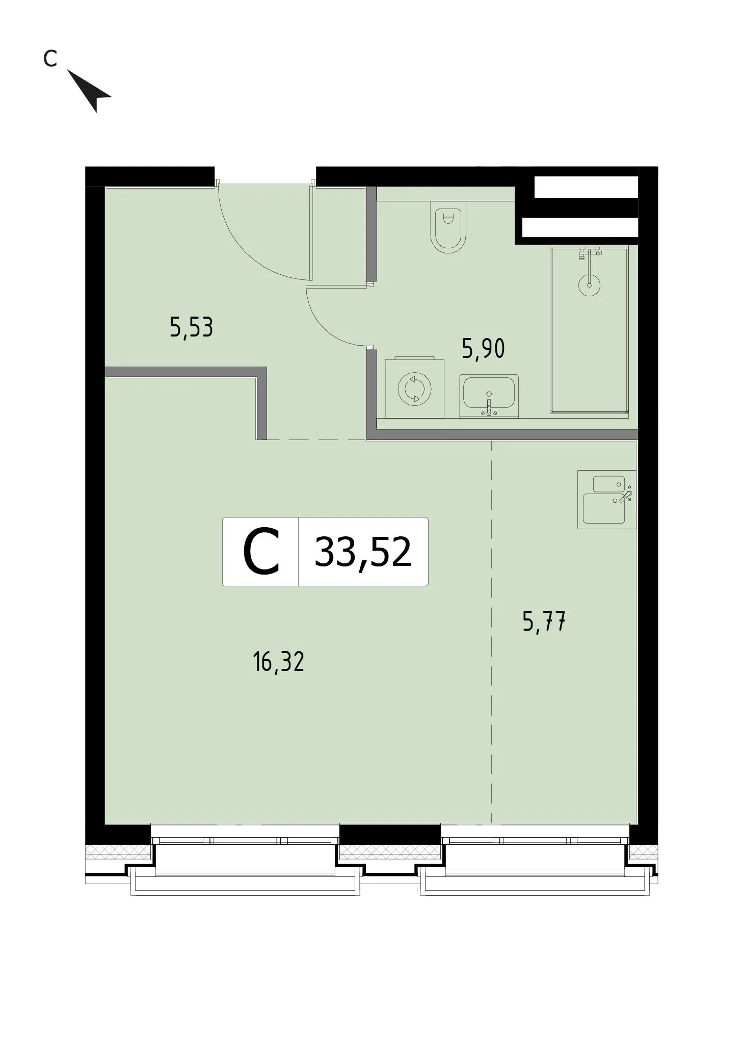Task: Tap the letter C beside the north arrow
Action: pos(49,59)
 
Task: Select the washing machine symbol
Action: pos(414,388)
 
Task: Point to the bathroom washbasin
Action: pos(489,396)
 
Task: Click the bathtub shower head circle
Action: pos(589,285)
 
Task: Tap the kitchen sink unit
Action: pos(606,499)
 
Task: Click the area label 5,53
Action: pos(191,327)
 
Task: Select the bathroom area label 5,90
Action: pos(483,349)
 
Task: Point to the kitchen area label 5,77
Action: pos(544,621)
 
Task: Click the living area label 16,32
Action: pos(278,662)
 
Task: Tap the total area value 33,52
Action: pos(363,552)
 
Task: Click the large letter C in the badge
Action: pos(261,552)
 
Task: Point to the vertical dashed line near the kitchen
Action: pos(491,632)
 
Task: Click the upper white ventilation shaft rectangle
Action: pos(586,187)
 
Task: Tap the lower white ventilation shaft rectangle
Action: pos(580,227)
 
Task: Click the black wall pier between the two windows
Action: pos(390,834)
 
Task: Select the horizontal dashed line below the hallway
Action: pos(316,439)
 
